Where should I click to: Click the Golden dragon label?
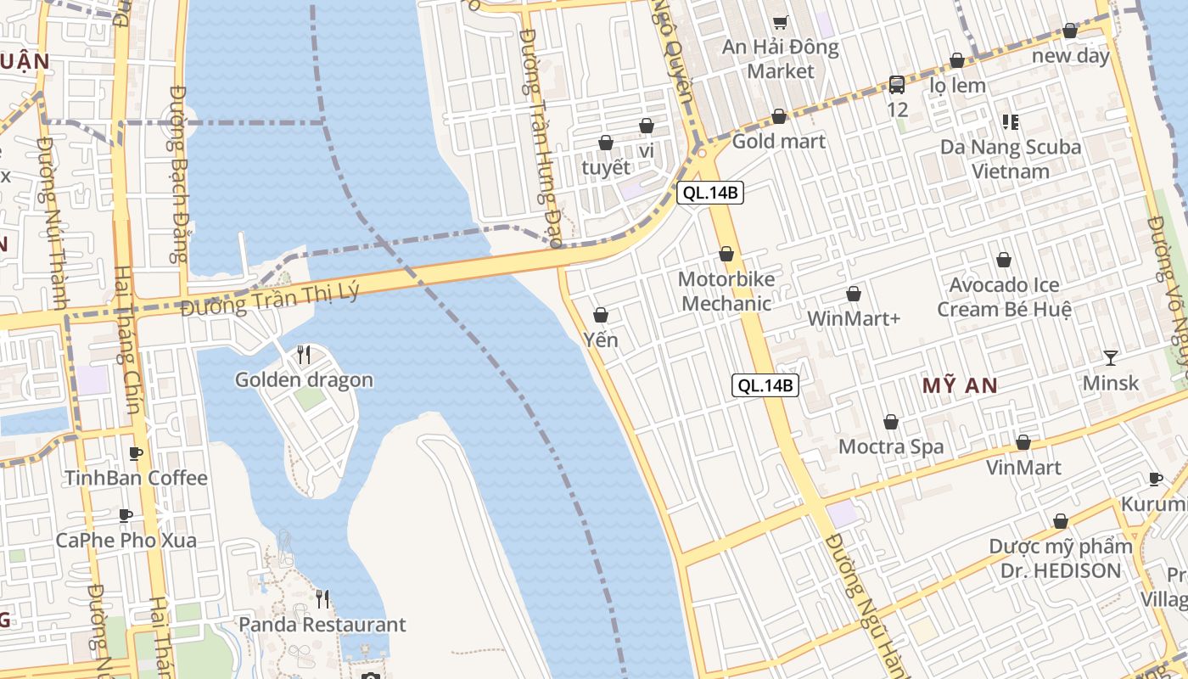tap(304, 379)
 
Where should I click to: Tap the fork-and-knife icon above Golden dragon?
tap(304, 354)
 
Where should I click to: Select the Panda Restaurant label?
tap(322, 625)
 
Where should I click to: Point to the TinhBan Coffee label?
tap(136, 478)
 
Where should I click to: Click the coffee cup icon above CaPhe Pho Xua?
tap(126, 515)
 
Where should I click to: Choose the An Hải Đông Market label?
tap(780, 59)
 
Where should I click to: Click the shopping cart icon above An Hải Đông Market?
tap(780, 22)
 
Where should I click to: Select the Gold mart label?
tap(778, 141)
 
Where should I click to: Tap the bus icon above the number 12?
tap(897, 84)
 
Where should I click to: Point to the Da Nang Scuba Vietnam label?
tap(1011, 159)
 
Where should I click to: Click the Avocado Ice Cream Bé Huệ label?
tap(1004, 297)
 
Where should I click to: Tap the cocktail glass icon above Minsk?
tap(1110, 357)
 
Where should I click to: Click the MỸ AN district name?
tap(960, 386)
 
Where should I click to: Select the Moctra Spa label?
tap(891, 446)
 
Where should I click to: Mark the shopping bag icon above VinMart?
tap(1023, 442)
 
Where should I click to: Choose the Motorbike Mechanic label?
tap(726, 291)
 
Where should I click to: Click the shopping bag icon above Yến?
tap(601, 315)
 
